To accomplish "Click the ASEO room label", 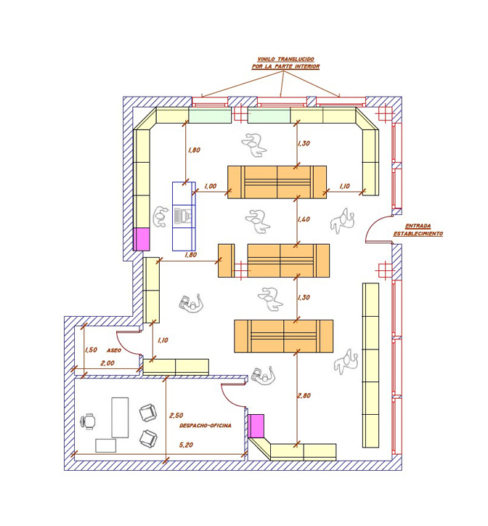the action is click(114, 350).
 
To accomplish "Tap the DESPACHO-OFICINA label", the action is click(206, 425).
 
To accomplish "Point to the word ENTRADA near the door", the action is click(418, 226).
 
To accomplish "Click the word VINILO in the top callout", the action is click(267, 60).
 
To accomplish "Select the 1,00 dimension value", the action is click(211, 186).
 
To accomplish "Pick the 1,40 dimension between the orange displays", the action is click(304, 219).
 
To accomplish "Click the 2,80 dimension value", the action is click(304, 395).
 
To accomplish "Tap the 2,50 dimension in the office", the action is click(176, 416).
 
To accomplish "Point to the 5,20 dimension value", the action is click(186, 445).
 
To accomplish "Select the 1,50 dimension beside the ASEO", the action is click(91, 350).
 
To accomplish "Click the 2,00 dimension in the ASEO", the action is click(107, 363).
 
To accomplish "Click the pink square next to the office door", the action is click(256, 426).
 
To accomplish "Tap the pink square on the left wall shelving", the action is click(141, 239).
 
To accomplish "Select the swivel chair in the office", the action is click(88, 421).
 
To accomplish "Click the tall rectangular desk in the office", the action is click(120, 418).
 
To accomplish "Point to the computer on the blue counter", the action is click(183, 217).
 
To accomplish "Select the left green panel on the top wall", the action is click(210, 116).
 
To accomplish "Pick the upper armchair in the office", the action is click(148, 413).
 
